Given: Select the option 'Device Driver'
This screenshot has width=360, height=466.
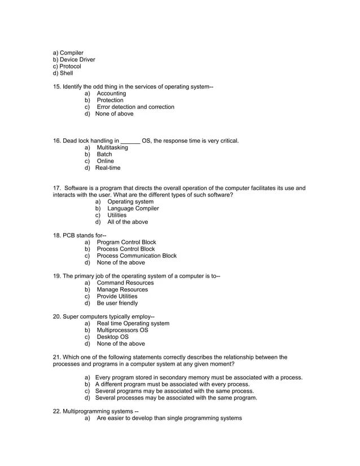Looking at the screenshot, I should pos(77,60).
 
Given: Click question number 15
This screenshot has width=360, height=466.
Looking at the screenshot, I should pos(57,87).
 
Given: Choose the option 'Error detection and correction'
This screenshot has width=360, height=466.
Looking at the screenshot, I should pos(135,107).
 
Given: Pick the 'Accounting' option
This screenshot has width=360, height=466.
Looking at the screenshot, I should pos(111,94).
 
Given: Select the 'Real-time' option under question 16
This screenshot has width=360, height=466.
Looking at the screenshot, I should pos(108,168).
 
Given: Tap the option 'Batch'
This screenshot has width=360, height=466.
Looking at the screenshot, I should pos(104,155).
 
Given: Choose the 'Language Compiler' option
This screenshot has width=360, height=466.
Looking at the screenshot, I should pos(133,209).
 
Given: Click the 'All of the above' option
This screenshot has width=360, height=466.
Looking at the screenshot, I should pos(128,222).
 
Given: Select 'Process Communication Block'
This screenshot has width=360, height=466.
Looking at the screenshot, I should pos(137,256).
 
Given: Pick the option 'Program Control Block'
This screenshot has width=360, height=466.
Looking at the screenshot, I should pos(126,243).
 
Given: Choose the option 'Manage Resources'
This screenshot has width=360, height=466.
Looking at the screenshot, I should pos(122,290).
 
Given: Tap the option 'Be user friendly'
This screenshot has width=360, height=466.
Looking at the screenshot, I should pos(117,304).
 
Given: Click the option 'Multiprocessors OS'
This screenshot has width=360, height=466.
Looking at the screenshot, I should pos(122,331).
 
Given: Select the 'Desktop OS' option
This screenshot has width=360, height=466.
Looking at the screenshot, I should pos(113,337).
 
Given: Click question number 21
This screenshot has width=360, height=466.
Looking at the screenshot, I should pos(57,357).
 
